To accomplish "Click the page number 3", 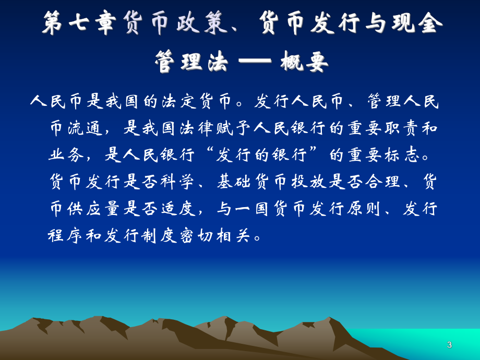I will point(449,345).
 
